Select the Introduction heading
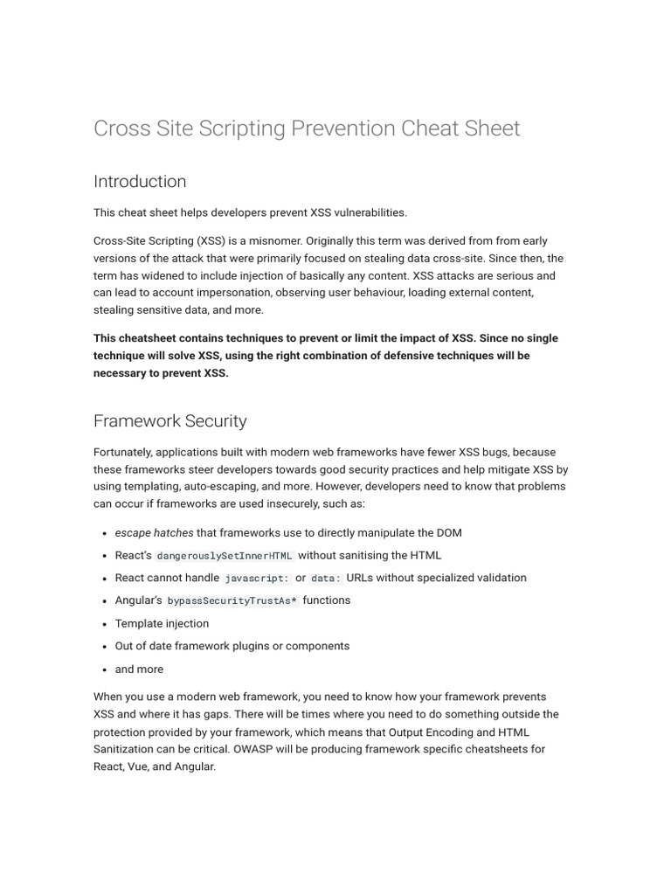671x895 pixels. pos(140,182)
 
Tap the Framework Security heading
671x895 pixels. pos(170,421)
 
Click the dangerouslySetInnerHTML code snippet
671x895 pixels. pos(225,556)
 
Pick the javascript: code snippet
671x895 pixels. pos(256,579)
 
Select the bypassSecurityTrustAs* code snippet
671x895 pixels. pos(232,601)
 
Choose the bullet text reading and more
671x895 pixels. pos(139,670)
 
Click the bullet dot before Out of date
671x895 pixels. pos(105,647)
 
